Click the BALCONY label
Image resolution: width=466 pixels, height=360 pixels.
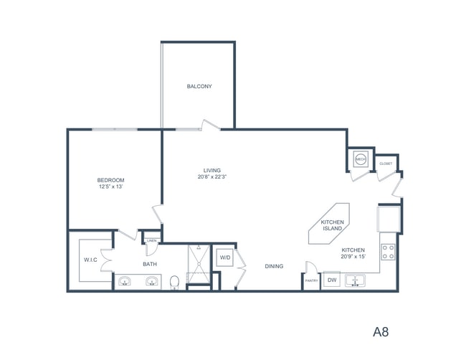click(199, 87)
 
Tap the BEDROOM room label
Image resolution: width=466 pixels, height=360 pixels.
click(111, 180)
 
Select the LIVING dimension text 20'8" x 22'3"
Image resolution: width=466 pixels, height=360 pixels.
click(211, 177)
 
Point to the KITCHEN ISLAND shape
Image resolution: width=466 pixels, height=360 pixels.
click(332, 227)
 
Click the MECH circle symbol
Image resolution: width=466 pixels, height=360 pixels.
click(360, 161)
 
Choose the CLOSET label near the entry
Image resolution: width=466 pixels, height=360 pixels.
click(386, 164)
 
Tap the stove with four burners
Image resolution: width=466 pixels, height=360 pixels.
click(389, 252)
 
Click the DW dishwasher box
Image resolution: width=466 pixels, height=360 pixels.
click(332, 280)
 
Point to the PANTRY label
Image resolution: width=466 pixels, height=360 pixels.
click(311, 281)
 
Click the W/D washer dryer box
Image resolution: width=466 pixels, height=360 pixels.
click(224, 257)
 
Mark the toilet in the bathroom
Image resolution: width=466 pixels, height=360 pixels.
click(174, 282)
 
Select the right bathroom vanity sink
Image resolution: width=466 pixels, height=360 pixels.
click(151, 281)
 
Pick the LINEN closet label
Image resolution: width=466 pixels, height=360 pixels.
click(152, 241)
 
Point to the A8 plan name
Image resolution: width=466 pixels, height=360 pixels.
click(381, 332)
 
